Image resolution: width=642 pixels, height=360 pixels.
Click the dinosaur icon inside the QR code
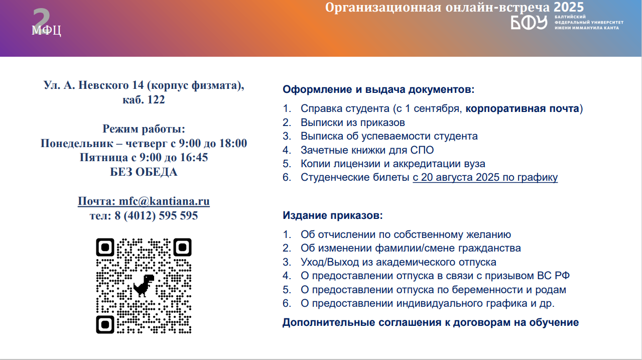144,286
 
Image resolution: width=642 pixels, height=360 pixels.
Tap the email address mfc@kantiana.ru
164,201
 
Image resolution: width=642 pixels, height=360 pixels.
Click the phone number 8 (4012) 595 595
156,215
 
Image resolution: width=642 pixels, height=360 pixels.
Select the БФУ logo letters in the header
529,23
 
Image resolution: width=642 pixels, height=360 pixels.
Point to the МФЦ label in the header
46,30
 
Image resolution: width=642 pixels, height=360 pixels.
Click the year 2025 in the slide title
569,7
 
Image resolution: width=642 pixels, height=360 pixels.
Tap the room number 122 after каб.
156,99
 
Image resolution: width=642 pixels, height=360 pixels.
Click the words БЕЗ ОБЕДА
144,172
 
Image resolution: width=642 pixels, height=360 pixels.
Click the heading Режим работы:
144,129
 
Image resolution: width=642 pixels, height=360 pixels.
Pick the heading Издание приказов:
333,215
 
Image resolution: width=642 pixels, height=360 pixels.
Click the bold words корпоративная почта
522,108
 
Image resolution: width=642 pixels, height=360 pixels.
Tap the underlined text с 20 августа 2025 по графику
485,177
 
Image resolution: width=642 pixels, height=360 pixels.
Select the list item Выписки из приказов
352,123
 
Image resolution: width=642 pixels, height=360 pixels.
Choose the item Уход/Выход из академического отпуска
399,262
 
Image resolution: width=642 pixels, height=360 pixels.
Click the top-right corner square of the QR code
182,247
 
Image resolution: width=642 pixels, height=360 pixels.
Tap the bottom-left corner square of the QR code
105,324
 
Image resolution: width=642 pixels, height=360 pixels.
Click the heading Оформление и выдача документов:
378,89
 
